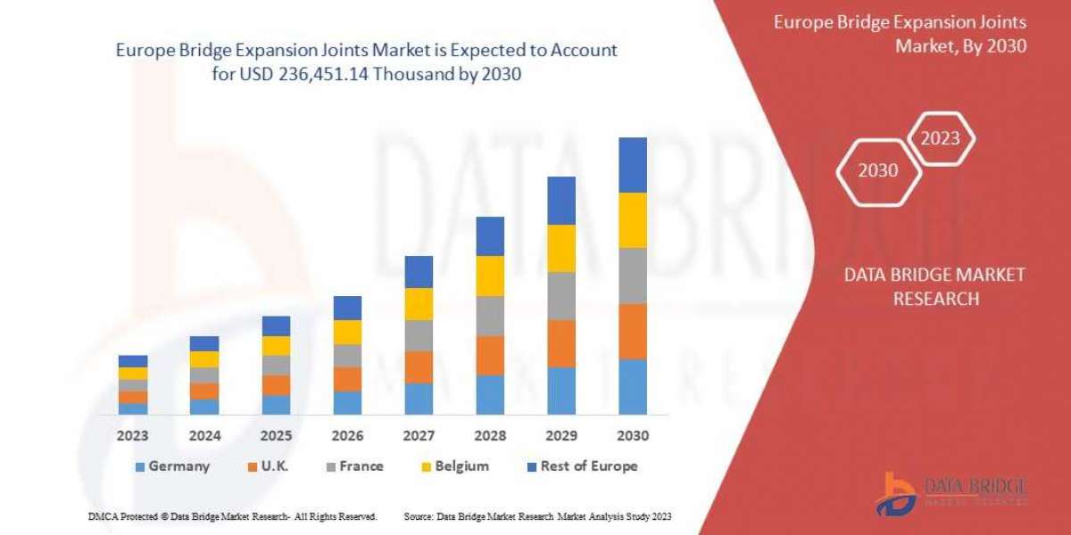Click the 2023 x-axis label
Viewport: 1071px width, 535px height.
(133, 436)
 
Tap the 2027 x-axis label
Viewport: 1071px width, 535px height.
(419, 436)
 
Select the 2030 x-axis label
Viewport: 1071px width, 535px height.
(632, 436)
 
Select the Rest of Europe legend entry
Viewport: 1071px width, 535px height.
(581, 465)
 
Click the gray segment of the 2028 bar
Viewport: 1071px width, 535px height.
(490, 316)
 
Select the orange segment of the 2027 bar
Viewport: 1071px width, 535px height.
(419, 366)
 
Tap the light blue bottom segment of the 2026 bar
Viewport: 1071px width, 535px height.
(347, 403)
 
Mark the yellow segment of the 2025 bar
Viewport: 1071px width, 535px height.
(276, 346)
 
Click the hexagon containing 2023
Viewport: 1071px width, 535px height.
(940, 138)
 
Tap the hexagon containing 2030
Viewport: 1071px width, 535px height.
(878, 170)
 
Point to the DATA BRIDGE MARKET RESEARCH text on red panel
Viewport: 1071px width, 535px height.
(934, 286)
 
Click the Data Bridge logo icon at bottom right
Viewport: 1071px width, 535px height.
(895, 493)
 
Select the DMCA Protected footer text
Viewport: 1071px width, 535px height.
(232, 516)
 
